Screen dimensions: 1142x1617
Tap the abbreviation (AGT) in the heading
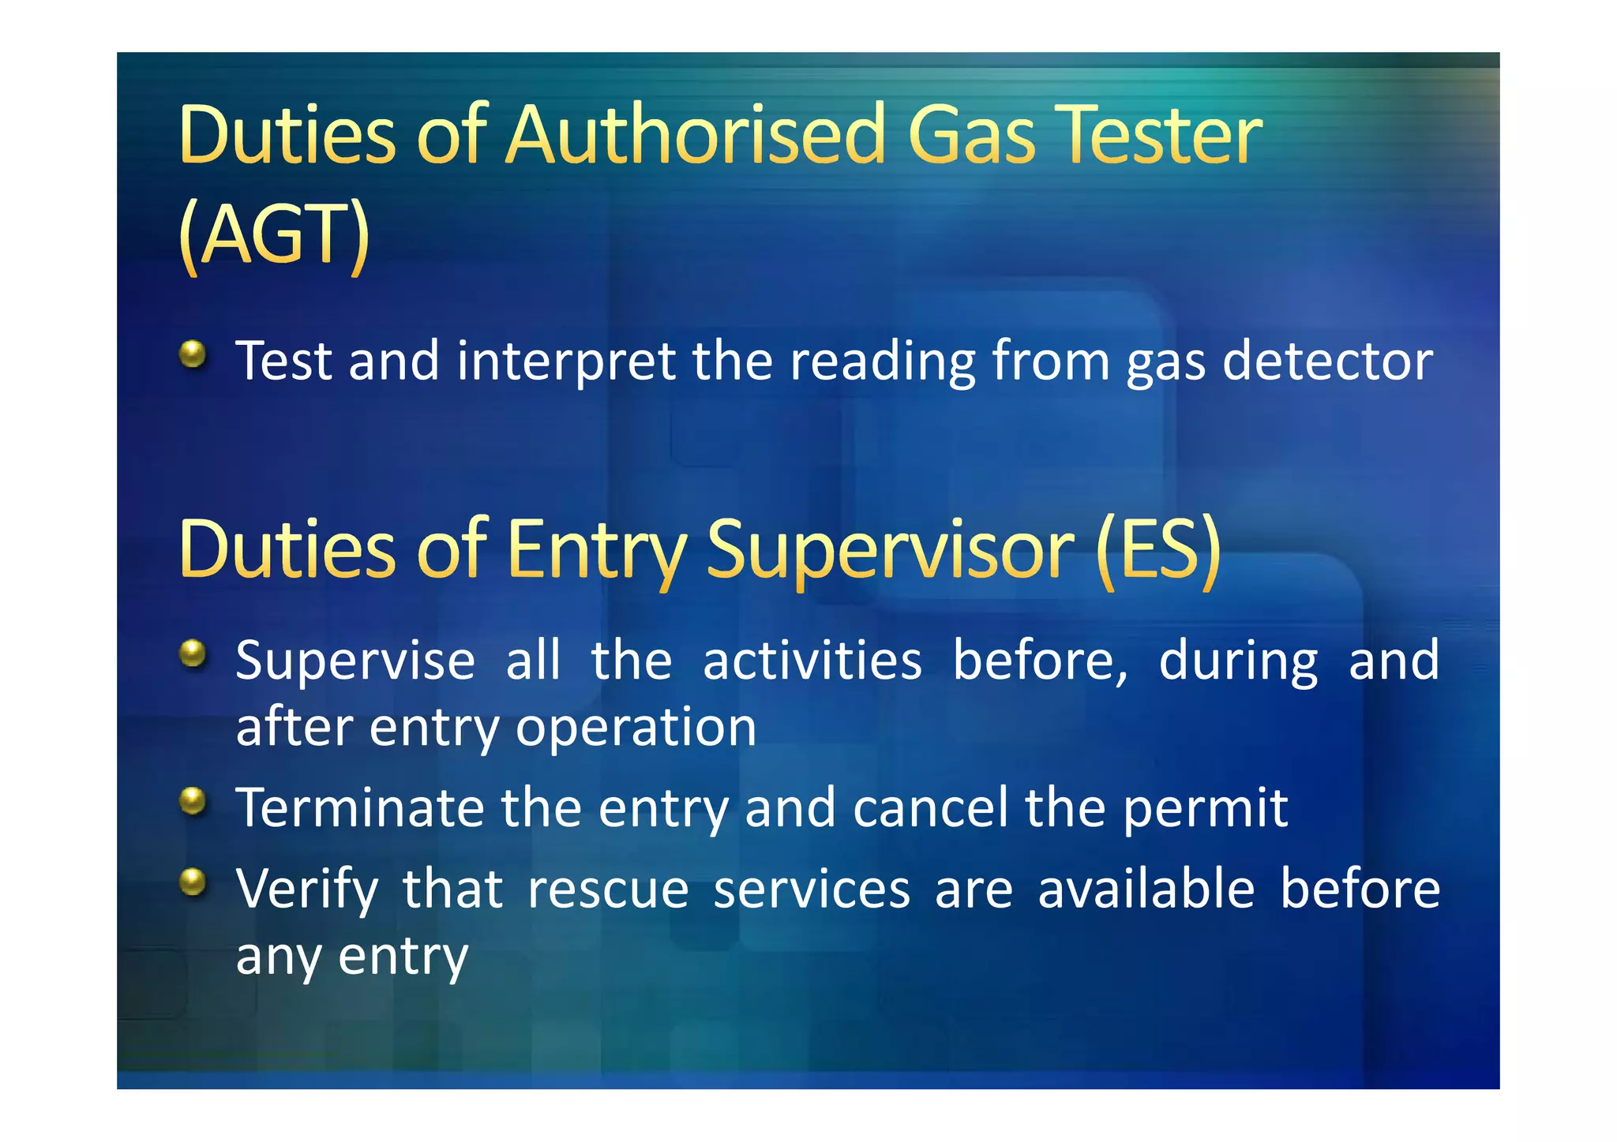point(274,234)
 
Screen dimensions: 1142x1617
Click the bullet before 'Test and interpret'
point(193,354)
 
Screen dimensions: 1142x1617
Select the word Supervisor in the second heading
point(889,549)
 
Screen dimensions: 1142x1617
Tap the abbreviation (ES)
point(1158,549)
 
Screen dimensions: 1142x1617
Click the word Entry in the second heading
point(597,549)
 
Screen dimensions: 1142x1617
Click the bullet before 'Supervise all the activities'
point(193,653)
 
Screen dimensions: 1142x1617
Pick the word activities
point(812,661)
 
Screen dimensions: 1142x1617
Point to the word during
point(1238,661)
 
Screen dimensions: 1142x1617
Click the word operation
point(636,728)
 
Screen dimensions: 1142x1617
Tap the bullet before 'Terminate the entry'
point(193,801)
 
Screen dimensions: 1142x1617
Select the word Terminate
point(359,808)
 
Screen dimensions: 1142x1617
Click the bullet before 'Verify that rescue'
point(193,882)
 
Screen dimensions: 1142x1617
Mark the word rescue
point(608,890)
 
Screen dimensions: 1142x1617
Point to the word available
point(1146,889)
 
